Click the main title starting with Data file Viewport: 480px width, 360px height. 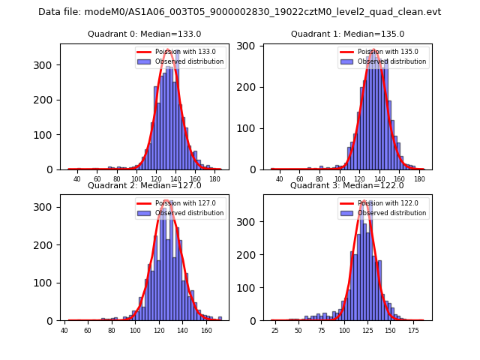tap(240, 12)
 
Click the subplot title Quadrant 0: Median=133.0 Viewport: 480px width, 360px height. tap(145, 34)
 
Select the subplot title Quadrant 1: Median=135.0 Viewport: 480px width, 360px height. tap(347, 34)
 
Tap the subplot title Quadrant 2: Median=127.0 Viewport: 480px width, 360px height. tap(145, 185)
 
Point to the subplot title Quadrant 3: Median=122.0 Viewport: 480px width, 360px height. tap(347, 185)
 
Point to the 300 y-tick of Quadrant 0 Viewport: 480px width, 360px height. tap(47, 65)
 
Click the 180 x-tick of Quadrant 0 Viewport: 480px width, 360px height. tap(214, 178)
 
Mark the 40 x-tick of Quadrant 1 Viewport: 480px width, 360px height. tap(280, 178)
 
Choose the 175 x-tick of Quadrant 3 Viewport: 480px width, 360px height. tap(413, 330)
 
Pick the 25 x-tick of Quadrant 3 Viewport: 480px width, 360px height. tap(275, 330)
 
